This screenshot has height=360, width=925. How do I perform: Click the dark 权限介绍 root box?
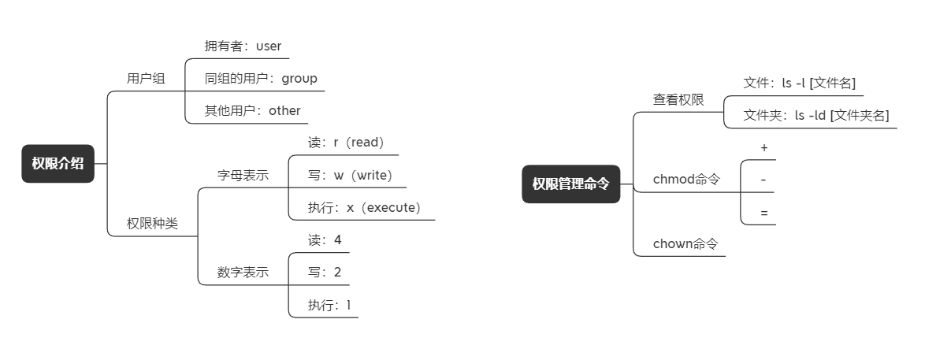point(58,164)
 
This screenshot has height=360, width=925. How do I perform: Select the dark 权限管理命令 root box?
point(571,184)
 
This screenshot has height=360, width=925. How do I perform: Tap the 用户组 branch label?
point(146,79)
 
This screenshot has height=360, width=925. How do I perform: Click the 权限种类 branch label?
point(152,224)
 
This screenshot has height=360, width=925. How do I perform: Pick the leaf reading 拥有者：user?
point(243,46)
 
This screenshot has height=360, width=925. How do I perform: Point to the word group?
point(299,79)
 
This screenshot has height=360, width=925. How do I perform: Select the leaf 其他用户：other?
point(252,111)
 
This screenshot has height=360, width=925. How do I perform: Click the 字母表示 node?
point(243,176)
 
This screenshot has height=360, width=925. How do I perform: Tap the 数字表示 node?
point(243,272)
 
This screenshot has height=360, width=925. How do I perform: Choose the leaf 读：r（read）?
point(346,143)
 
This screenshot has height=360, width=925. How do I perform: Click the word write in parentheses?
point(372,176)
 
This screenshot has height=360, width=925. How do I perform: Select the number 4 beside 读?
point(337,239)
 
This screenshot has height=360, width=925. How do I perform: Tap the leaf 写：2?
point(325,272)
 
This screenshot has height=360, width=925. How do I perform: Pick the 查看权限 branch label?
point(678,100)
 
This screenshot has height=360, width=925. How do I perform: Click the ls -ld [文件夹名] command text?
point(841,116)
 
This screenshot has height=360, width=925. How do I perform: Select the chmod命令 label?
point(687,180)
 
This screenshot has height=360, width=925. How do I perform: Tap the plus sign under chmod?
point(764,148)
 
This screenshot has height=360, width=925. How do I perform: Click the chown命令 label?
point(685,243)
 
